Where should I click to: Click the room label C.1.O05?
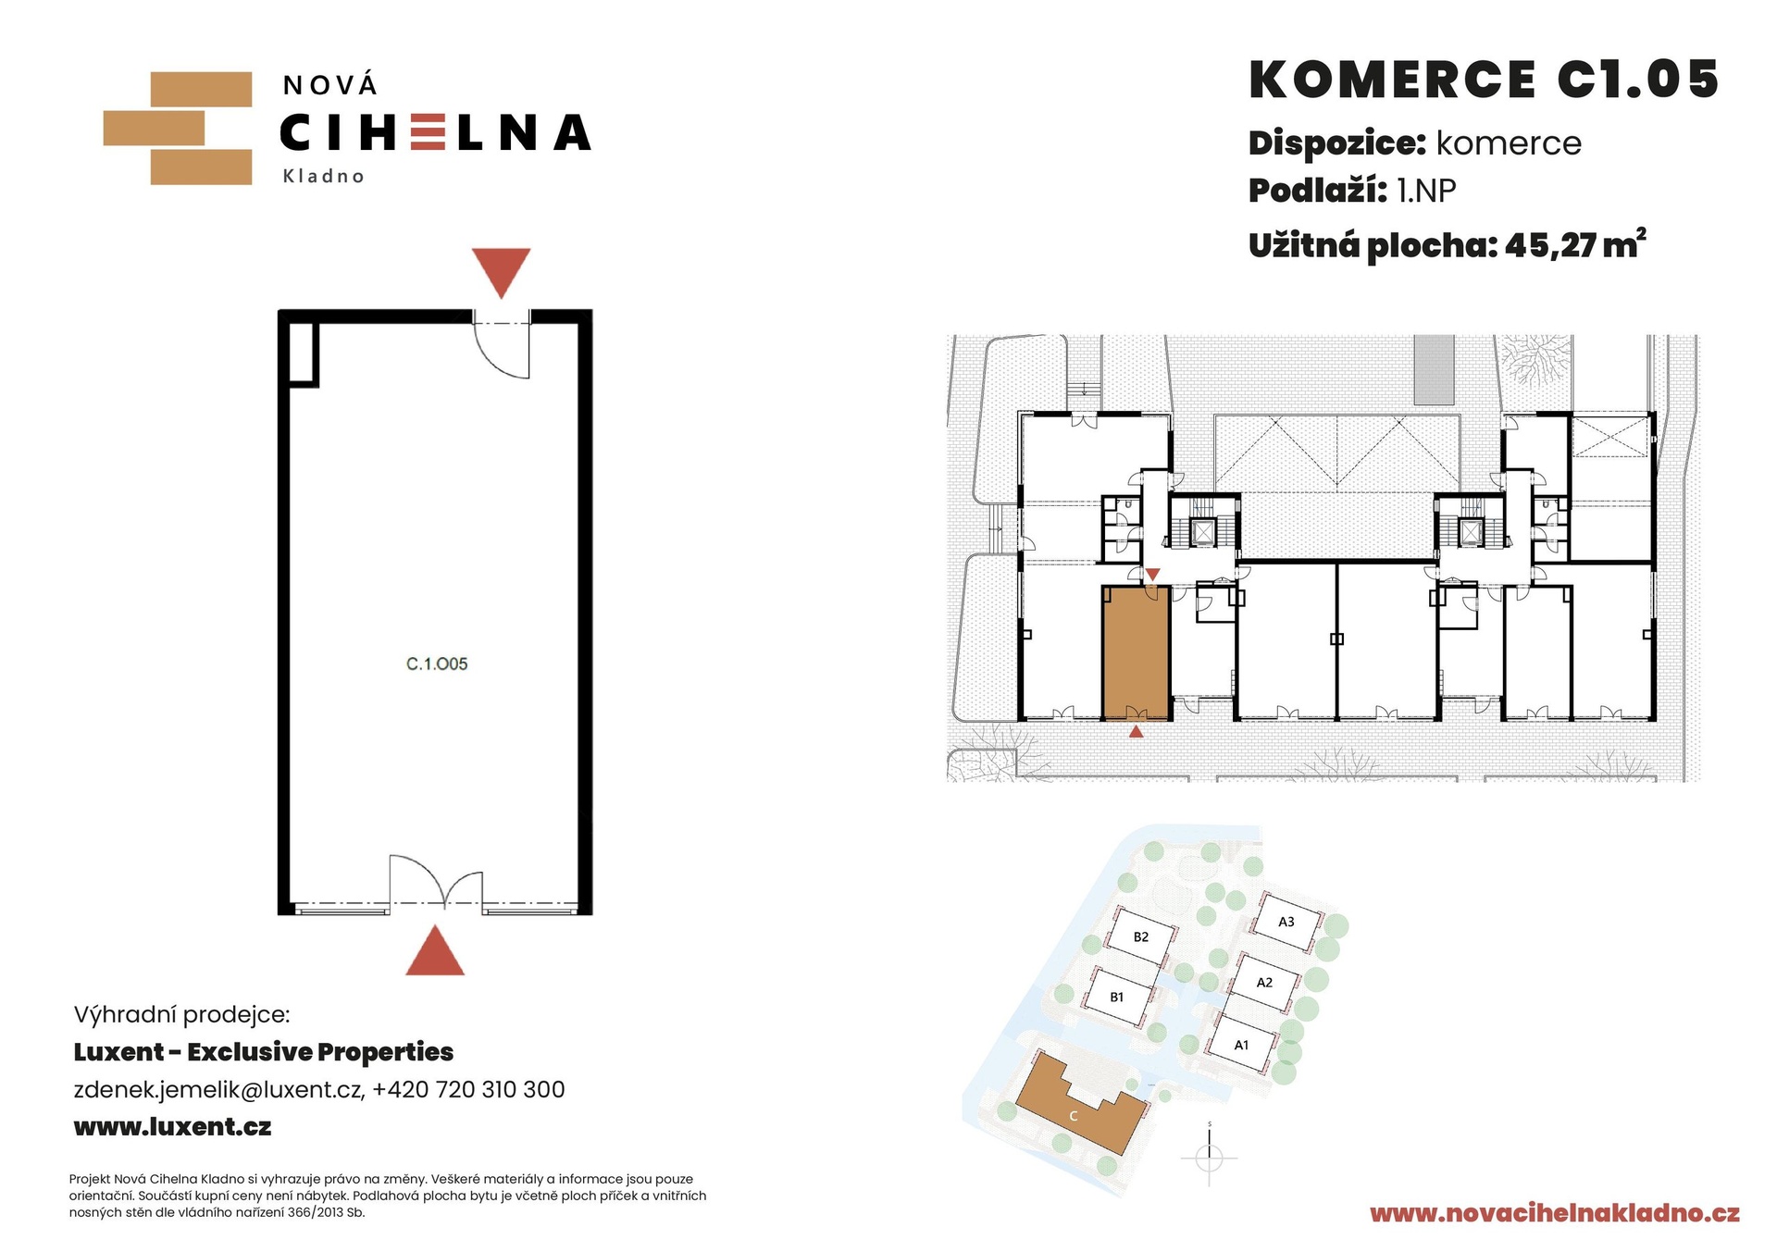coord(437,663)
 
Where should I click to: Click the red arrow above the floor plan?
coord(501,272)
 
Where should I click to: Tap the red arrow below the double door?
coord(435,950)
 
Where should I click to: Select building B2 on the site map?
coord(1141,938)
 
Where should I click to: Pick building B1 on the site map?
coord(1118,997)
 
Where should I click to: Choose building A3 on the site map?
coord(1286,922)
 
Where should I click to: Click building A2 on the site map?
coord(1264,983)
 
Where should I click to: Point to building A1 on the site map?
coord(1242,1045)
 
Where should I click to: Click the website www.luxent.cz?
coord(173,1127)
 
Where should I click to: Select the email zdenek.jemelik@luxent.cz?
coord(218,1089)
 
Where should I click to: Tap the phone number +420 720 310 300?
coord(468,1089)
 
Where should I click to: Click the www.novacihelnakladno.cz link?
coord(1555,1213)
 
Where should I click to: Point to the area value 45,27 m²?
coord(1575,244)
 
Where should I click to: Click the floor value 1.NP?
coord(1426,191)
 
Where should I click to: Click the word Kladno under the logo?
coord(323,176)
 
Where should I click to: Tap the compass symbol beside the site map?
coord(1210,1156)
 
